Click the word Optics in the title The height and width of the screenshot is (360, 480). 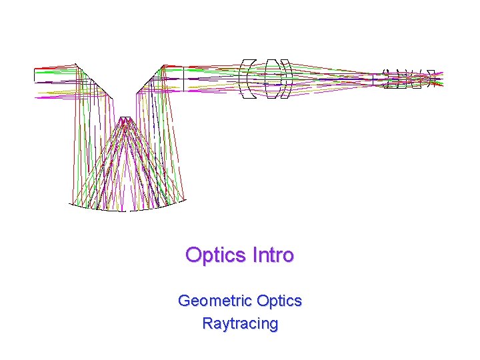(x=216, y=255)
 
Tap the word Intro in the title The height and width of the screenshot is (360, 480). (x=273, y=255)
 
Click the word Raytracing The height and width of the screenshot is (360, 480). (x=240, y=324)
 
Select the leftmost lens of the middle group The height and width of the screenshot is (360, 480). (x=247, y=79)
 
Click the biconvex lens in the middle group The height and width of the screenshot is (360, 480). (x=271, y=79)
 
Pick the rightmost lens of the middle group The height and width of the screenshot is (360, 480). (x=287, y=79)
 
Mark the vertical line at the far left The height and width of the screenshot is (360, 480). (x=34, y=76)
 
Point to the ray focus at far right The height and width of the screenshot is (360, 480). (x=437, y=79)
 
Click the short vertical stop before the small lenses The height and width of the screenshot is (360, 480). (x=373, y=79)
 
